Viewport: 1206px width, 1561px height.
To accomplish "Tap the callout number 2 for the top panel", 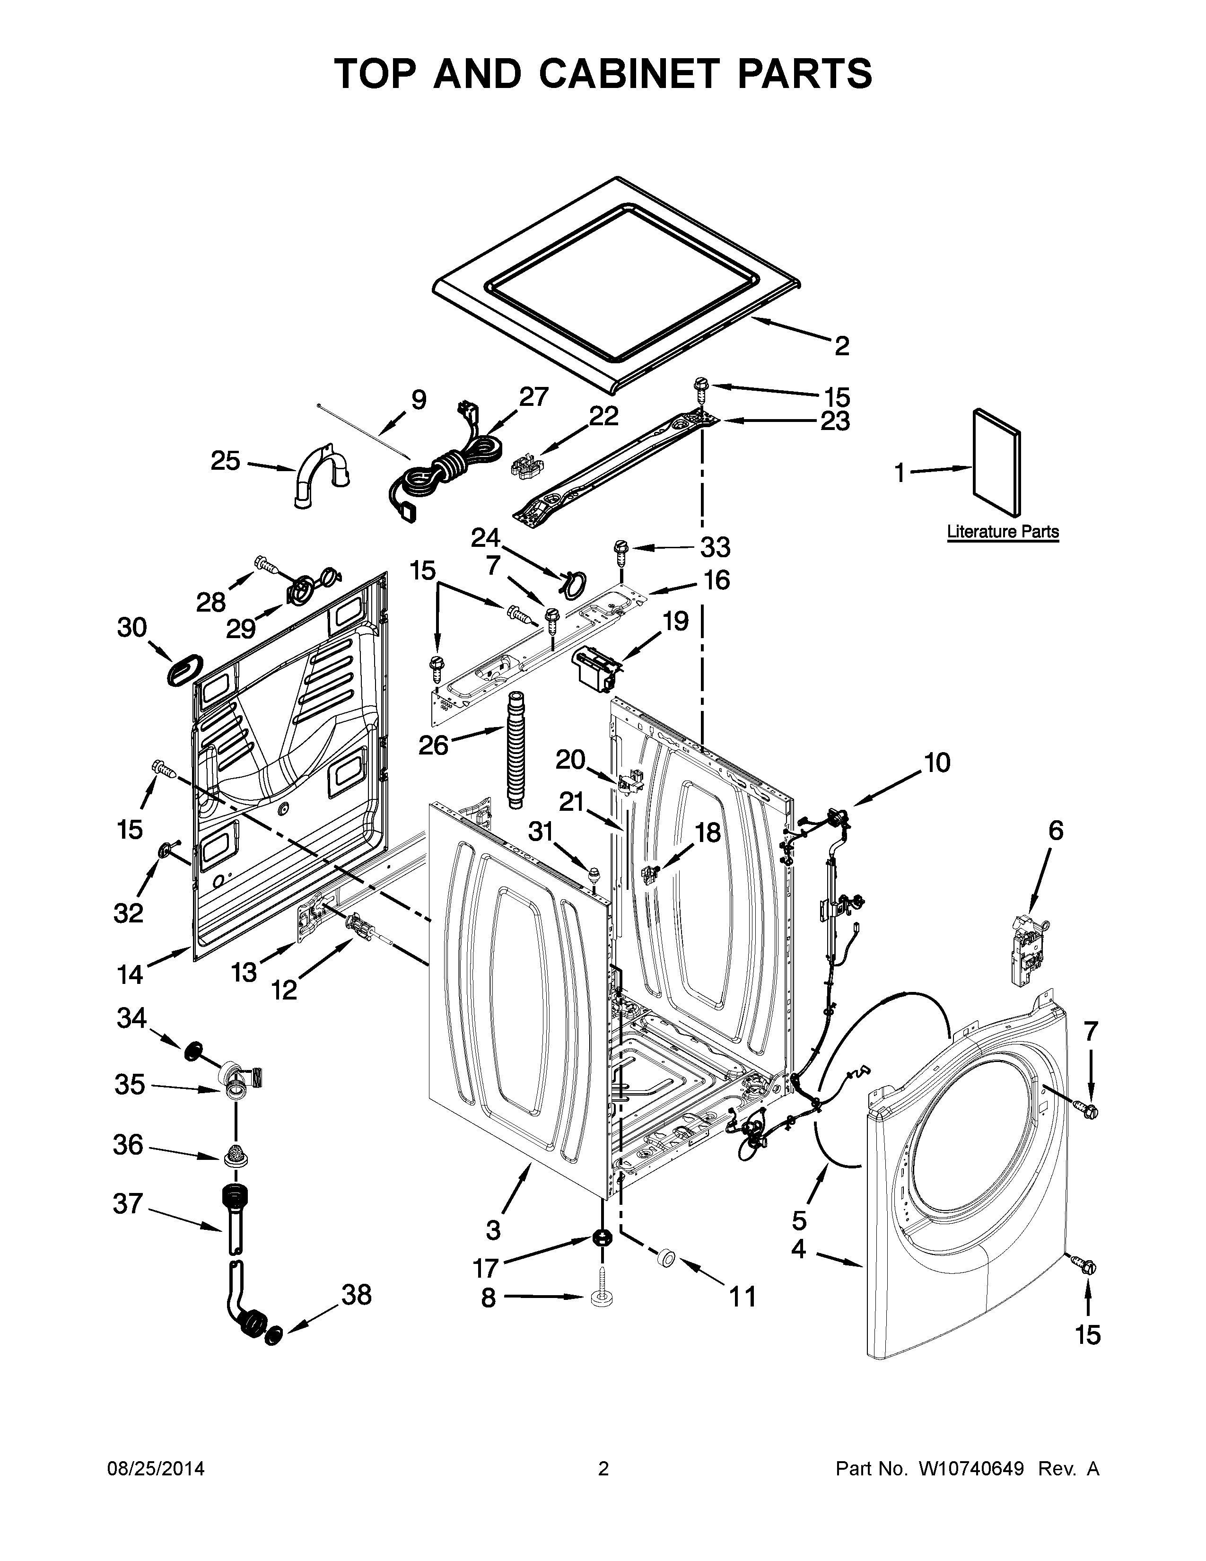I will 842,347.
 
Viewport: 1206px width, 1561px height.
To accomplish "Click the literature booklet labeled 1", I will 996,462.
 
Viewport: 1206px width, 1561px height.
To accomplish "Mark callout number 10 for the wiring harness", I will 937,763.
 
